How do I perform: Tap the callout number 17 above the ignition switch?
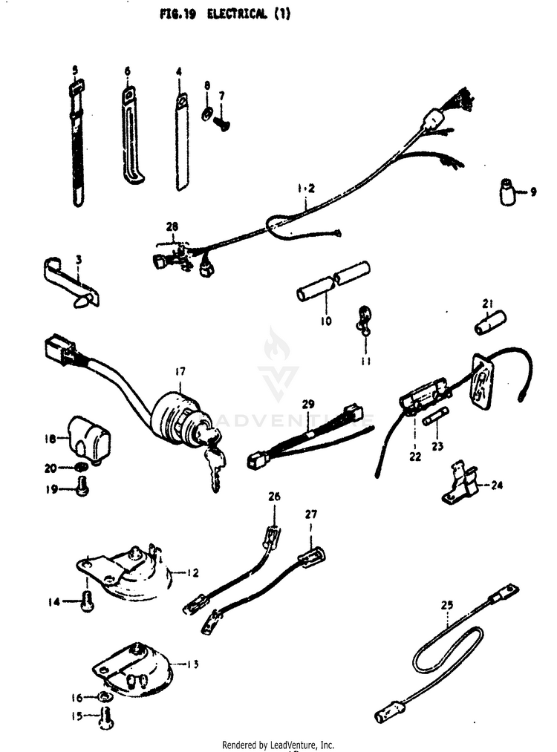[x=180, y=370]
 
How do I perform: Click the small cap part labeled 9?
[x=507, y=193]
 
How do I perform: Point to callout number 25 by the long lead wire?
[x=446, y=606]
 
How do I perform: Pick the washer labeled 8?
[x=206, y=113]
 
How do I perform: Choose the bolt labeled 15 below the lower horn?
[x=105, y=717]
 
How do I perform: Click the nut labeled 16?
[x=105, y=697]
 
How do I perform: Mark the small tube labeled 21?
[x=490, y=324]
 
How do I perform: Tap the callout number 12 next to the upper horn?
[x=192, y=573]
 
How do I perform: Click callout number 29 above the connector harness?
[x=308, y=404]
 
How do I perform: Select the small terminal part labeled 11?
[x=364, y=318]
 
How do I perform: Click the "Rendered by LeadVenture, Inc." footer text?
[x=278, y=745]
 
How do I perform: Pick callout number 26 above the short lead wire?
[x=274, y=496]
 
